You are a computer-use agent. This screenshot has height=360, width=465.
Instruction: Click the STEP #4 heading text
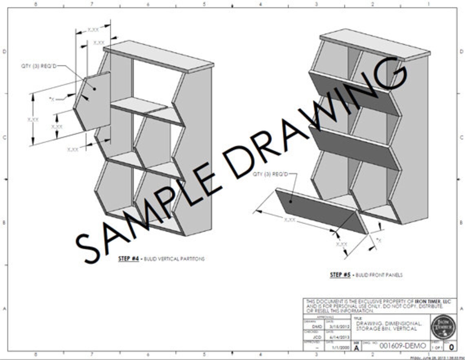(x=129, y=258)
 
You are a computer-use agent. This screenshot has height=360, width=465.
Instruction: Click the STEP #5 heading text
(x=340, y=275)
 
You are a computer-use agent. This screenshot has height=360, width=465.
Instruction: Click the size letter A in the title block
(x=357, y=348)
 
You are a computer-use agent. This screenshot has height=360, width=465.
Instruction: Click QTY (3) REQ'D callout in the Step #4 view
(x=39, y=65)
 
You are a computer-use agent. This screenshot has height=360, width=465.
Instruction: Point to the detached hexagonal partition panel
(x=93, y=102)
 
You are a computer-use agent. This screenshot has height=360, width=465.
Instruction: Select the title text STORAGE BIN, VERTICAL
(x=386, y=329)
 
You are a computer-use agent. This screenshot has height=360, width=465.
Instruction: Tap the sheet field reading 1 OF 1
(x=436, y=348)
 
